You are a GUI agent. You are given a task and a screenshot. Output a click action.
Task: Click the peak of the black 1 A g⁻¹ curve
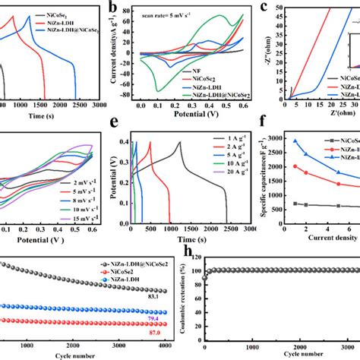click(x=180, y=142)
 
